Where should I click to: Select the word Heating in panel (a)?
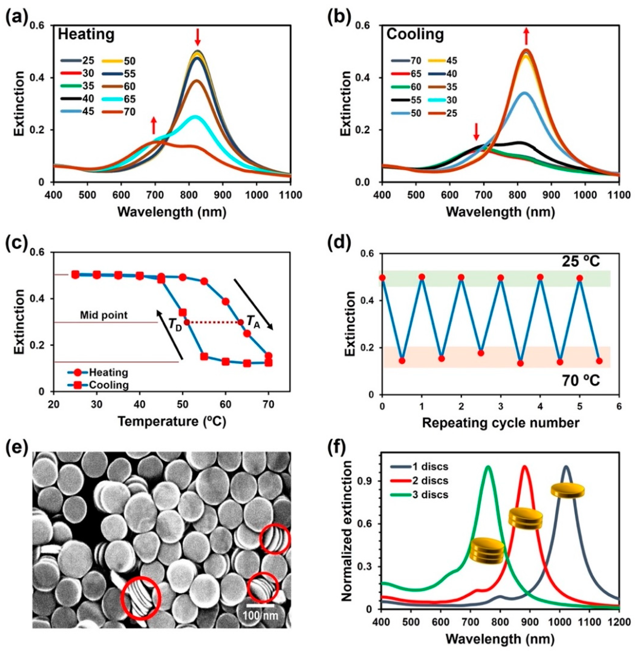(86, 35)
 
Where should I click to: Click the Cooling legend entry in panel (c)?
(109, 385)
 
